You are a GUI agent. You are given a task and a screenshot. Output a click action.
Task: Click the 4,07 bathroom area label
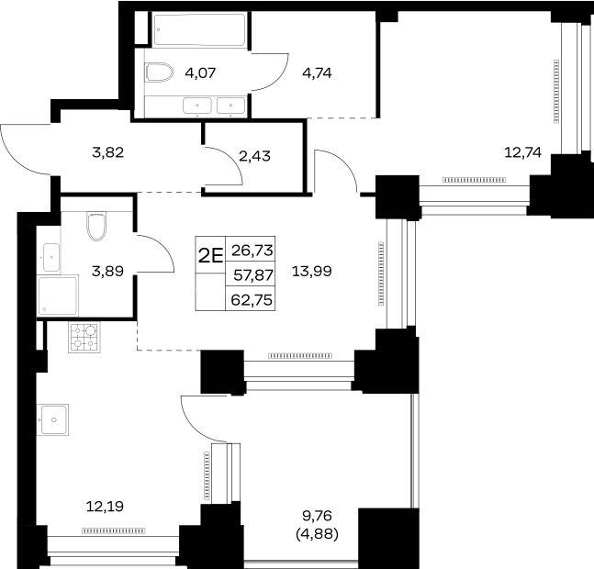(200, 73)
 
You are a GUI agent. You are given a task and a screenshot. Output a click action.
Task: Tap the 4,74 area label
(317, 73)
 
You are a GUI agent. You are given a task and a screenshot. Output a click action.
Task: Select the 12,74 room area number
(522, 152)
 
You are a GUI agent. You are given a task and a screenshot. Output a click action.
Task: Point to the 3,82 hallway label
(108, 152)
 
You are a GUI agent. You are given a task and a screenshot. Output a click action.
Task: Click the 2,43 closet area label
(255, 156)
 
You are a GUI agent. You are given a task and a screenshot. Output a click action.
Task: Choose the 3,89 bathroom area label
(108, 271)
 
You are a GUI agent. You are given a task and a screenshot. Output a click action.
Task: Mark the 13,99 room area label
(312, 271)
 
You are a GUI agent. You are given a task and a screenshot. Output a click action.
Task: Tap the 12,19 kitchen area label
(105, 507)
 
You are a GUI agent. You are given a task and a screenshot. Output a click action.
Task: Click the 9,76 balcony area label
(317, 515)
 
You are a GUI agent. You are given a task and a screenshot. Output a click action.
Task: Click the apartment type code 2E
(210, 256)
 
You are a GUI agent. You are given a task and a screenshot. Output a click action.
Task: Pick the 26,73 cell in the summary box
(252, 251)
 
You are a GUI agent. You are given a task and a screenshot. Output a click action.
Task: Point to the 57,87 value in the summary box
(253, 275)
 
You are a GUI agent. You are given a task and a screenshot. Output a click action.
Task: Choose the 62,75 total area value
(252, 300)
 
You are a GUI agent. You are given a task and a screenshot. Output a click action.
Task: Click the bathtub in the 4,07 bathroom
(199, 30)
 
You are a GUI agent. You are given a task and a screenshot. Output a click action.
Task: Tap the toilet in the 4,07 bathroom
(159, 72)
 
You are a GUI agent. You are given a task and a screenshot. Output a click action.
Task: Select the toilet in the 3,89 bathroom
(96, 226)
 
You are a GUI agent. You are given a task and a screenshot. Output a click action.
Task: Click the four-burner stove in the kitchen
(84, 338)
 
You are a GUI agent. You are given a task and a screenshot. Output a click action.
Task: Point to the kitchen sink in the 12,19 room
(53, 419)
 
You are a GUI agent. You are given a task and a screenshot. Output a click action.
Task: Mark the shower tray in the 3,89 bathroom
(58, 296)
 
